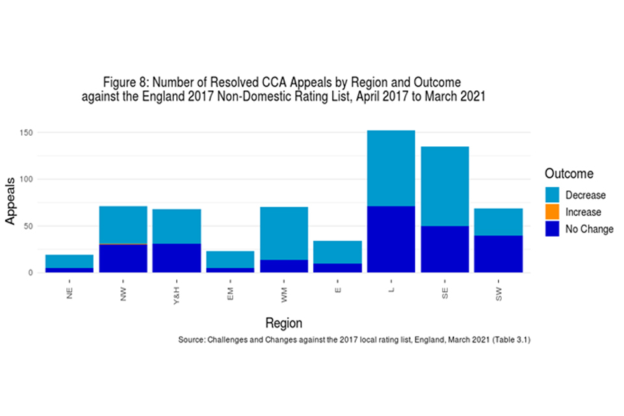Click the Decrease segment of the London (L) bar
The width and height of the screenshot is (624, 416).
pos(391,168)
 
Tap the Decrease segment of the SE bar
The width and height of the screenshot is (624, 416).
pos(445,187)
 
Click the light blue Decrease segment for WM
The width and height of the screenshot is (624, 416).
pos(284,233)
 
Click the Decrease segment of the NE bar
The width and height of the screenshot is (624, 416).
pos(69,261)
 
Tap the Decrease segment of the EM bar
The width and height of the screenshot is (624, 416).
pos(230,259)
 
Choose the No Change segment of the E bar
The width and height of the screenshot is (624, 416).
pos(337,268)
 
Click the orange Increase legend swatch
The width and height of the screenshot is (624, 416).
pos(553,212)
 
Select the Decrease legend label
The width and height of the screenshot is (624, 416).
pos(585,196)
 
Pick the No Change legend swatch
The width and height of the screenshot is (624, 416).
pos(553,229)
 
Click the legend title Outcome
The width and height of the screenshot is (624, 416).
pos(569,174)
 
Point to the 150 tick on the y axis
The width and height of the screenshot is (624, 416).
pos(29,133)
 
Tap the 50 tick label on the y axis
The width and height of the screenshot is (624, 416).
pos(31,226)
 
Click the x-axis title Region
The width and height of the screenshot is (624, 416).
pos(284,323)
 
